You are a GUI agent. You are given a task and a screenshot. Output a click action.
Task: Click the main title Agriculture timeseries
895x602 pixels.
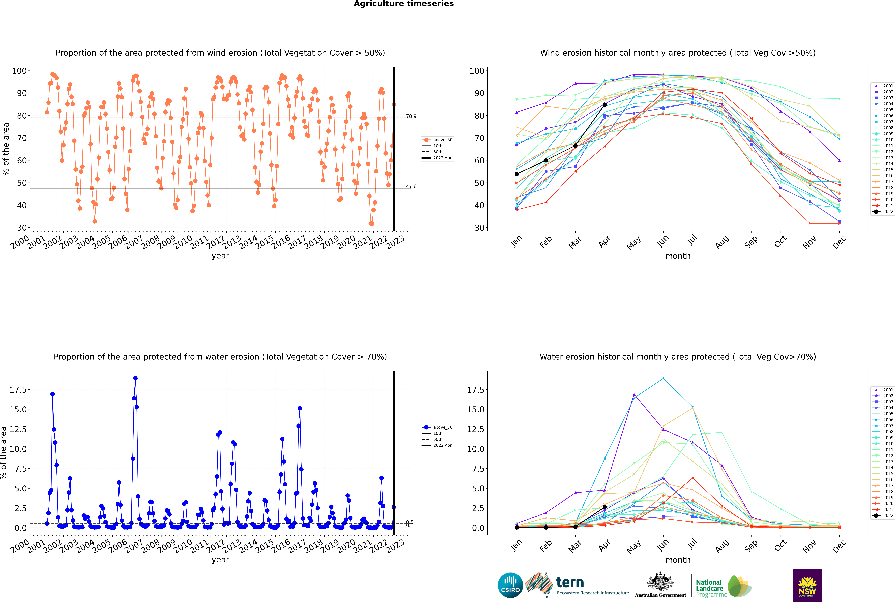pos(404,4)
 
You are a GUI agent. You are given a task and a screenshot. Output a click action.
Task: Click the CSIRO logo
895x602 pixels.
pos(510,585)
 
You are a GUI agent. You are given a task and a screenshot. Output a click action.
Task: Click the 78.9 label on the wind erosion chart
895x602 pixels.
pos(411,116)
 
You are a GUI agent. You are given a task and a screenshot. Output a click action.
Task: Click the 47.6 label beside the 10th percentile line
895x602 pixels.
pos(411,187)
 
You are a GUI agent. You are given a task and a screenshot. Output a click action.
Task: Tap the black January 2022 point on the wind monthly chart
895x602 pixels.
pos(517,174)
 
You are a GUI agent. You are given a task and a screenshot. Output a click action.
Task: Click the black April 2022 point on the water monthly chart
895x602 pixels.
pos(605,507)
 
